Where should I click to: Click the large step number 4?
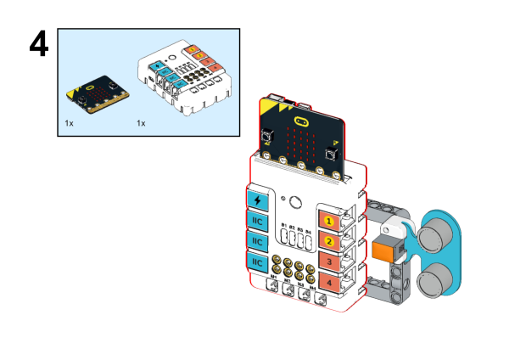[x=42, y=49]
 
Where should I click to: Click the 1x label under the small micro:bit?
[x=69, y=123]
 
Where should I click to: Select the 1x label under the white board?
[x=141, y=123]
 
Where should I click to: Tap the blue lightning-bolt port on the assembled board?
[x=257, y=201]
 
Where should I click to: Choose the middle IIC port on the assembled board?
[x=257, y=242]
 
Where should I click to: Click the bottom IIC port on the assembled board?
[x=257, y=262]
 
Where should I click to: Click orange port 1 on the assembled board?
[x=329, y=221]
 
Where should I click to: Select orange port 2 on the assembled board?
[x=329, y=241]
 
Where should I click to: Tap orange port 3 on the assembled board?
[x=329, y=262]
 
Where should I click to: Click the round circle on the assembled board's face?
[x=296, y=203]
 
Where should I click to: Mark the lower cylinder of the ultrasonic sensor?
[x=438, y=276]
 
